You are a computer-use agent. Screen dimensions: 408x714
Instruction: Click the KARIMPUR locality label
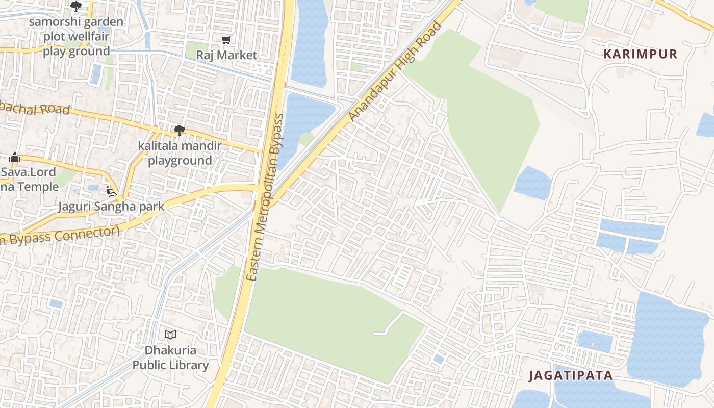click(641, 54)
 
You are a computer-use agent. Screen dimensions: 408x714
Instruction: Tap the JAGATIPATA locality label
click(570, 376)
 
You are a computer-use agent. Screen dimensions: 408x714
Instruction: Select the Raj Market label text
click(226, 55)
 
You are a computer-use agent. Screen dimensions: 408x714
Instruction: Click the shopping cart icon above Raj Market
click(226, 40)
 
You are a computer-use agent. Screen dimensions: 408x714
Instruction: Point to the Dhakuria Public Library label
click(170, 358)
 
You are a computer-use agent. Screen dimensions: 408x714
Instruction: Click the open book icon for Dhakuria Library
click(170, 335)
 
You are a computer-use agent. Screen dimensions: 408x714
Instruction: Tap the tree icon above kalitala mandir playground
click(179, 131)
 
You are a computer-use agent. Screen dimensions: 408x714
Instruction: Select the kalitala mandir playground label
click(180, 154)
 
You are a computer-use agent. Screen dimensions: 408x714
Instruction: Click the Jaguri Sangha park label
click(111, 206)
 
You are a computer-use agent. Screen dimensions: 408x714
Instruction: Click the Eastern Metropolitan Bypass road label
click(265, 197)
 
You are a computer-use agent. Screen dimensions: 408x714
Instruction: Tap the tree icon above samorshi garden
click(76, 7)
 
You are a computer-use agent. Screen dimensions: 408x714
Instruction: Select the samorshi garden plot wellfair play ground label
click(76, 37)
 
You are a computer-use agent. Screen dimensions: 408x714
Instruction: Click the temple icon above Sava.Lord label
click(15, 157)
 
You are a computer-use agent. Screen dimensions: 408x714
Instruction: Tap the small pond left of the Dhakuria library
click(56, 304)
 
